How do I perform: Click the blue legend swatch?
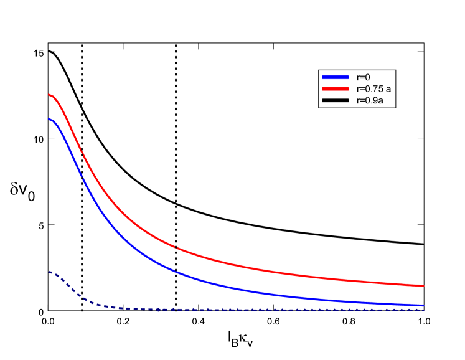(336, 78)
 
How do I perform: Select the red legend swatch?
(336, 89)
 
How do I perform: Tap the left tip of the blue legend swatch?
(322, 78)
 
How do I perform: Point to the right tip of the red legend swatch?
(349, 89)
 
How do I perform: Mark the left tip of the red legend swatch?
(322, 89)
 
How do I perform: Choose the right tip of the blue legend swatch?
(349, 78)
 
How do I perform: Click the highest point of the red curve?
(49, 95)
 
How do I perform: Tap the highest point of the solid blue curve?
(49, 119)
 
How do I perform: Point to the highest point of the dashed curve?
(49, 272)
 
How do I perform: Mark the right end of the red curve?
(423, 286)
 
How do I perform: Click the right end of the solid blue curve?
(423, 305)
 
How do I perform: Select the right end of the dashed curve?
(423, 310)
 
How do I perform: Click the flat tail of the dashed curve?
(280, 310)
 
